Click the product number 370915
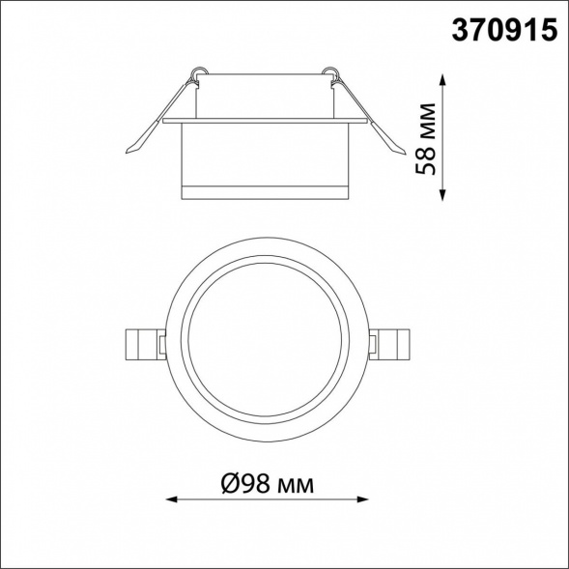click(x=504, y=30)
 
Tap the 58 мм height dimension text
click(x=425, y=139)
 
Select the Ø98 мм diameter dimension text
click(x=268, y=484)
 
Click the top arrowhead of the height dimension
click(x=442, y=79)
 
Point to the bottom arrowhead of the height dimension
click(x=442, y=196)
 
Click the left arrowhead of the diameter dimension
click(x=171, y=499)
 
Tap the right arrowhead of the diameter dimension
click(x=363, y=499)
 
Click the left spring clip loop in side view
click(x=199, y=72)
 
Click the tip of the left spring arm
click(x=127, y=152)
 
